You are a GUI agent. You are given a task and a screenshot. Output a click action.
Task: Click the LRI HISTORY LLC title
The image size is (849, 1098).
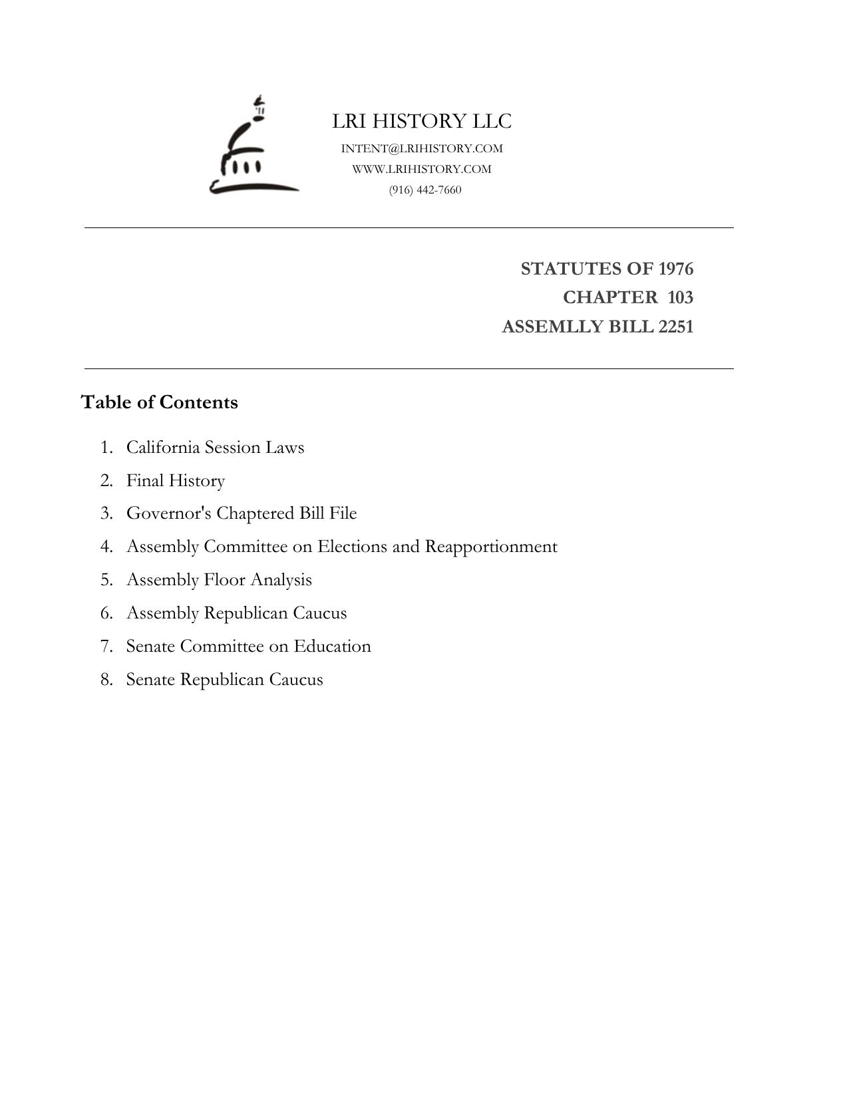(422, 121)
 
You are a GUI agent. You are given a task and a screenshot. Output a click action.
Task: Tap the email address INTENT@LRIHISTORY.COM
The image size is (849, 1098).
(422, 148)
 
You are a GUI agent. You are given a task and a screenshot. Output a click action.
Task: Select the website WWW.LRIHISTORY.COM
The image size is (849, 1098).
(422, 169)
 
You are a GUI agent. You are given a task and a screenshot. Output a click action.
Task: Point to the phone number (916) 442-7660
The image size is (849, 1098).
(425, 190)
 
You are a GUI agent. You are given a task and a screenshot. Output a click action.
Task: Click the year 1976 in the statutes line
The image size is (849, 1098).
(675, 269)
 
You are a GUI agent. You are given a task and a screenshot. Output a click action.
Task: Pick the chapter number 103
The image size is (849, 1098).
(680, 297)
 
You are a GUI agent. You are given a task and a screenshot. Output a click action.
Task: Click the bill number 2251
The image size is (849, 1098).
(675, 327)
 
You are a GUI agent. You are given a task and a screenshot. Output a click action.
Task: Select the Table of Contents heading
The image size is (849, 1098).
(159, 402)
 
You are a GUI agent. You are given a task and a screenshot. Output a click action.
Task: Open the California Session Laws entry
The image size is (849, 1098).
(215, 447)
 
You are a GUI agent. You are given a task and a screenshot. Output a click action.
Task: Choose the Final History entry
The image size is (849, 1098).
(176, 480)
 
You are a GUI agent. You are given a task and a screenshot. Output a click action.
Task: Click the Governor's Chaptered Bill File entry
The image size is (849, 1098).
(242, 513)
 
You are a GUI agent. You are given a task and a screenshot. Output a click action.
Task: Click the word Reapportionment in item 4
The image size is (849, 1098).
(491, 547)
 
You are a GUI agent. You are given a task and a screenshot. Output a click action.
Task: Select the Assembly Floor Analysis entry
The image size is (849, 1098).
(219, 580)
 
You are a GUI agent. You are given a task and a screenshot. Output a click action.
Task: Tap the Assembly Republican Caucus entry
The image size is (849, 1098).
(236, 613)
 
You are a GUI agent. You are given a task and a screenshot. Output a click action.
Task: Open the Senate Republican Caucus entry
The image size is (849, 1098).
(224, 680)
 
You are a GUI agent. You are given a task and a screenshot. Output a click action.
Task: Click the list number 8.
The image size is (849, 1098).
(106, 680)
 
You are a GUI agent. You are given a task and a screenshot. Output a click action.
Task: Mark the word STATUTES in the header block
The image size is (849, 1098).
(563, 269)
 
